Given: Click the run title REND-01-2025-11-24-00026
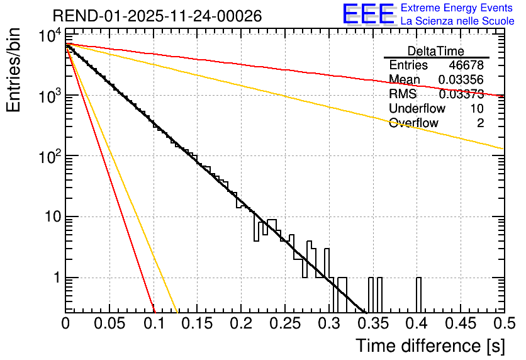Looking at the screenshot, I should (x=157, y=16).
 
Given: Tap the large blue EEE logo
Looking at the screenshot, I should (x=368, y=14).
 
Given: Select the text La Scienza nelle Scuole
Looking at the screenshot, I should (x=457, y=21).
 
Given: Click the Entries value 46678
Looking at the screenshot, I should (x=466, y=65).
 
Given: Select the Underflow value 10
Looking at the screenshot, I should (x=477, y=109).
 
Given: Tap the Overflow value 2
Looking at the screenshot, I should (x=480, y=123).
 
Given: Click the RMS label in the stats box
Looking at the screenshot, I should (x=403, y=94).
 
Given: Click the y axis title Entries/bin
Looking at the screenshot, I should (x=14, y=70).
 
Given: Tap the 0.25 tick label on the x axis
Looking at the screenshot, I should (x=285, y=323).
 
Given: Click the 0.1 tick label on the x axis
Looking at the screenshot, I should (x=154, y=323).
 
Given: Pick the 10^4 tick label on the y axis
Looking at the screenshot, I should (x=49, y=36).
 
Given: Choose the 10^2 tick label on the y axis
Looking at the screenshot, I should (x=49, y=157).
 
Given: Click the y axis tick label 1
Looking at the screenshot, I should (x=55, y=278).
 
